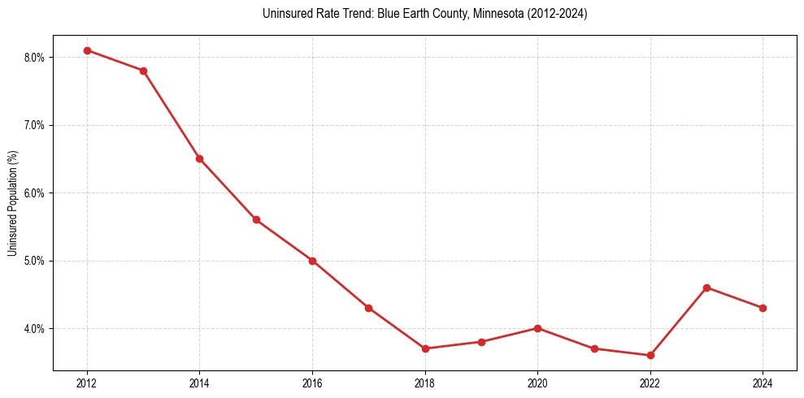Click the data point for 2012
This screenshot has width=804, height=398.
(x=87, y=50)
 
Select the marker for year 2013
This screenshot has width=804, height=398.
(x=143, y=71)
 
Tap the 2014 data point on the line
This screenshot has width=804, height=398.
(x=199, y=158)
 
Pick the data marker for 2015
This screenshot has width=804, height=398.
(x=256, y=220)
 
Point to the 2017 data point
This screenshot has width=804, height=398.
(x=368, y=308)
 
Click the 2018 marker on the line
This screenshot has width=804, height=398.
(x=424, y=348)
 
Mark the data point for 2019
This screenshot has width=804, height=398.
(x=481, y=342)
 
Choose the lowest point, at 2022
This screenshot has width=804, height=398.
(x=650, y=355)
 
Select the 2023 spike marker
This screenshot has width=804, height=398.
(x=706, y=288)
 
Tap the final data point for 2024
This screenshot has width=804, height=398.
(x=763, y=308)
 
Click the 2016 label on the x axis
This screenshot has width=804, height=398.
(x=312, y=382)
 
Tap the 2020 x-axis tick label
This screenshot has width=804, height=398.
(x=537, y=382)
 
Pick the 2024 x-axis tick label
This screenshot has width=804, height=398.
(x=763, y=382)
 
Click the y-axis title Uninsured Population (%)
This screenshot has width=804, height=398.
(x=12, y=202)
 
